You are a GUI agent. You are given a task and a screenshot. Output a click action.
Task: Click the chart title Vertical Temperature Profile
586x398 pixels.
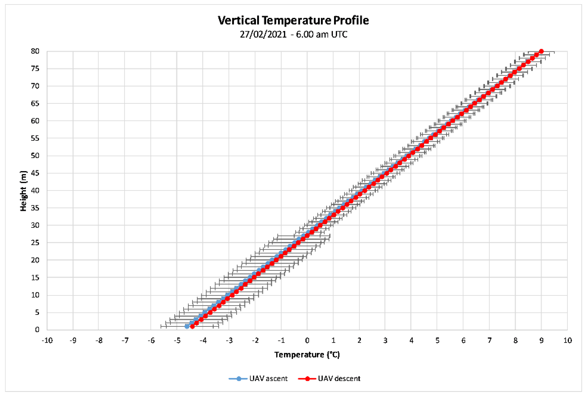(x=293, y=20)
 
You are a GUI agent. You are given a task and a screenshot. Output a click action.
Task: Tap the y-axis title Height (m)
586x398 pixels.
(x=23, y=191)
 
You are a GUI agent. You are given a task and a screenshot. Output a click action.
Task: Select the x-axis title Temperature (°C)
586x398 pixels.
(x=307, y=355)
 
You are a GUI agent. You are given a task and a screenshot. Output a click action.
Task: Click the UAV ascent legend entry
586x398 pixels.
(x=258, y=379)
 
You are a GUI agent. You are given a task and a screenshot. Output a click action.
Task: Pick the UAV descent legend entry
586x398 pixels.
(x=329, y=379)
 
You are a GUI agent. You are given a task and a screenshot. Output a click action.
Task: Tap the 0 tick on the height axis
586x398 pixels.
(x=37, y=330)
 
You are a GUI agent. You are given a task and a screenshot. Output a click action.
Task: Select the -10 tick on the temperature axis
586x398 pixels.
(x=47, y=341)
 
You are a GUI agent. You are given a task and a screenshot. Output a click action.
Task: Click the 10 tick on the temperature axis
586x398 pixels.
(x=567, y=341)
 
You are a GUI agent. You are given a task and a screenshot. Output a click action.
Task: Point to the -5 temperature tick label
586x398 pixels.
(x=177, y=341)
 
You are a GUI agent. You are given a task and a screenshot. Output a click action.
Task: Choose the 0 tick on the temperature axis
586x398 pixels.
(x=307, y=341)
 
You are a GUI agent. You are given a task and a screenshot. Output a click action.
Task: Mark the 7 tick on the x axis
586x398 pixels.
(x=489, y=341)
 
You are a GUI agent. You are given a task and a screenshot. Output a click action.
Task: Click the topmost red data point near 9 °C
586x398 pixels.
(x=541, y=51)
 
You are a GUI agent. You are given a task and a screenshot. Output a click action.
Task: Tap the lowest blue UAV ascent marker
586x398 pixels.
(x=187, y=326)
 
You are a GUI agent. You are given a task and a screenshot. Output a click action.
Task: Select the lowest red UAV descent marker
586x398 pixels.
(x=192, y=326)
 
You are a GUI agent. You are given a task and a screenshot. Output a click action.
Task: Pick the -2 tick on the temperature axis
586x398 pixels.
(x=255, y=341)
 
